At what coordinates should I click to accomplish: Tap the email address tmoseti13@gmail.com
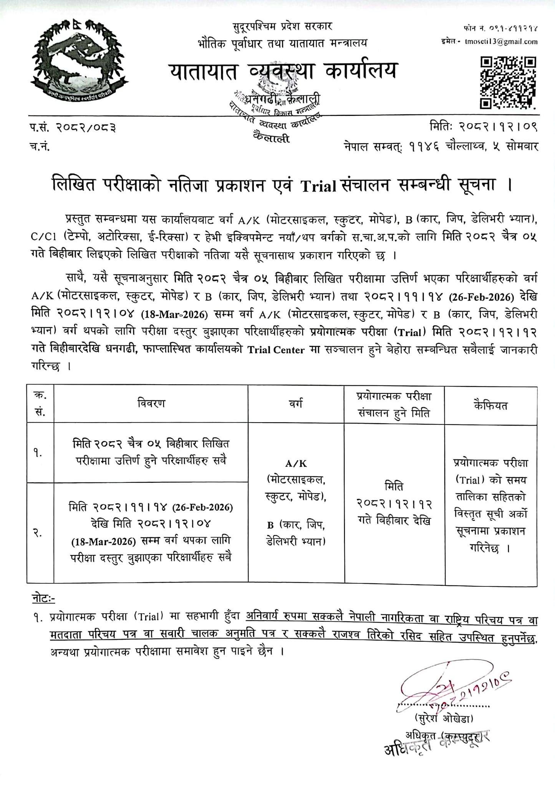tap(501, 42)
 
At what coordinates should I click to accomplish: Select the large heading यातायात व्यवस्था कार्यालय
tap(282, 71)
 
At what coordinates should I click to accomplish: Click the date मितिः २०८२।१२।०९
tap(484, 126)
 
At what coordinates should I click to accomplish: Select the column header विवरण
tap(151, 404)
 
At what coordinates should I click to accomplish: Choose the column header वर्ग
tap(296, 404)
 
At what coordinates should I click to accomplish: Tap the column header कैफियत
tap(491, 405)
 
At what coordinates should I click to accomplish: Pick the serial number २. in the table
tap(38, 533)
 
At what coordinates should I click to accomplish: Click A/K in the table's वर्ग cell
tap(296, 464)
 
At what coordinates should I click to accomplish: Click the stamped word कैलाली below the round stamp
tap(271, 138)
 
